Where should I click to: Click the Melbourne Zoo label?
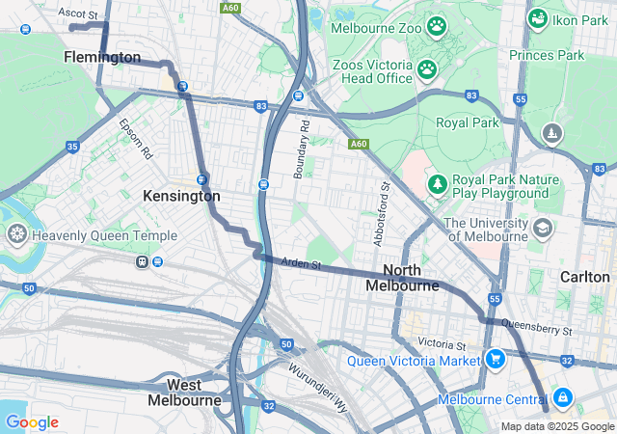[376, 28]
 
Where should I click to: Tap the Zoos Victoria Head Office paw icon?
[426, 69]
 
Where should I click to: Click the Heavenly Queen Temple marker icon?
[16, 234]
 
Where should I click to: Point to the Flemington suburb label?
[102, 58]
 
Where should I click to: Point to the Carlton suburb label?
[584, 277]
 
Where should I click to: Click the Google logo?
[31, 422]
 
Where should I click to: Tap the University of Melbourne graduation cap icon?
[543, 229]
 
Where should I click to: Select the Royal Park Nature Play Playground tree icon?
[437, 183]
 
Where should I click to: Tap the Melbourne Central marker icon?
[562, 398]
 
